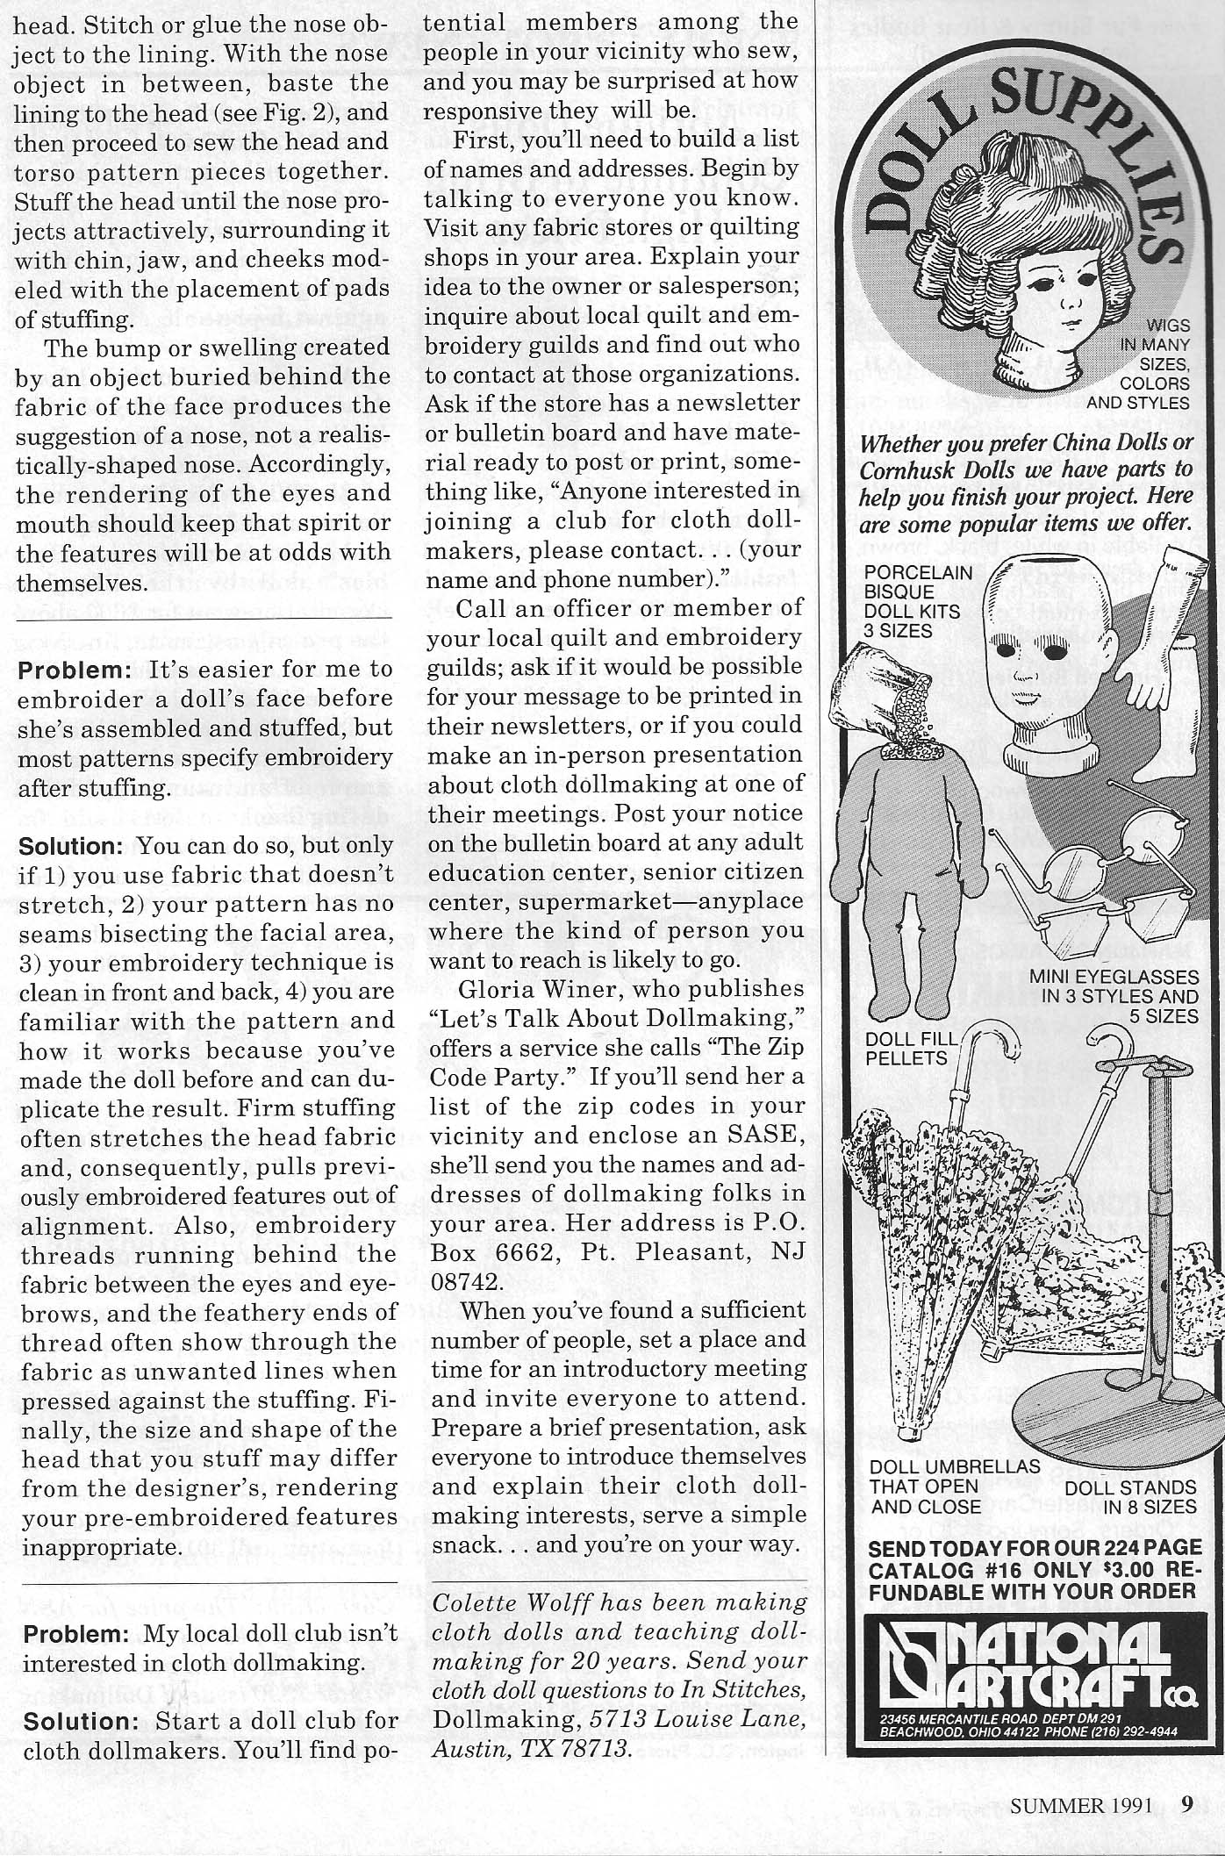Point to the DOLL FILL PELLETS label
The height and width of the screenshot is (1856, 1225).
(x=907, y=1048)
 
